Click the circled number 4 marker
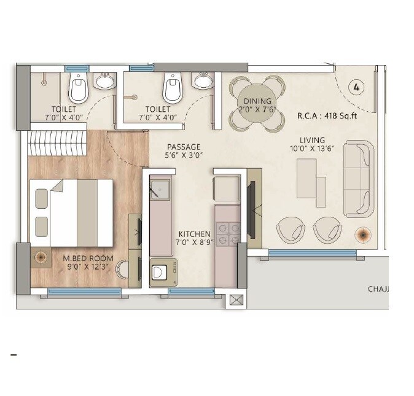(356, 87)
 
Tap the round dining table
(257, 104)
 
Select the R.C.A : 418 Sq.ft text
(326, 115)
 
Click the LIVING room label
(313, 140)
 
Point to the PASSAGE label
(184, 147)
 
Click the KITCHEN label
(194, 235)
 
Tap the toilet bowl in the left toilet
(79, 88)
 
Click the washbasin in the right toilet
(203, 80)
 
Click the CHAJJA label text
(378, 289)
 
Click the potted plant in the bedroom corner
(42, 258)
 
